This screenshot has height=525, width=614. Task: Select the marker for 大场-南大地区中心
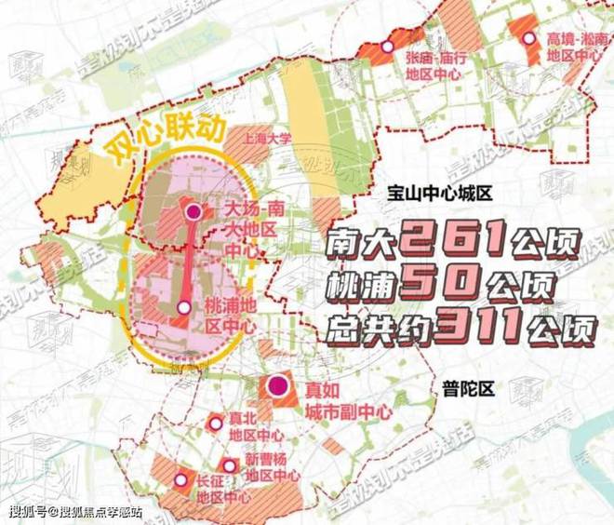tap(194, 213)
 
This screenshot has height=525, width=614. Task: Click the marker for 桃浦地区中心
tap(184, 306)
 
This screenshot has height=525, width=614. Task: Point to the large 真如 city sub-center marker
tap(276, 386)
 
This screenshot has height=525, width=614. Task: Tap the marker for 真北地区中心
tap(216, 424)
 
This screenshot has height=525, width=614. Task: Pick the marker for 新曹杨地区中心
tap(227, 464)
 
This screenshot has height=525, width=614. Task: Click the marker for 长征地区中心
tap(179, 480)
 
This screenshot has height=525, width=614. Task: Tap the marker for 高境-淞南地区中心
tap(529, 39)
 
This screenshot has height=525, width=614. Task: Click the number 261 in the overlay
tap(453, 246)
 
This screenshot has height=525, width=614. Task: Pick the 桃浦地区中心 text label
tap(228, 314)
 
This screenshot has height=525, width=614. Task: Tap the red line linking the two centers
tap(189, 261)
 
